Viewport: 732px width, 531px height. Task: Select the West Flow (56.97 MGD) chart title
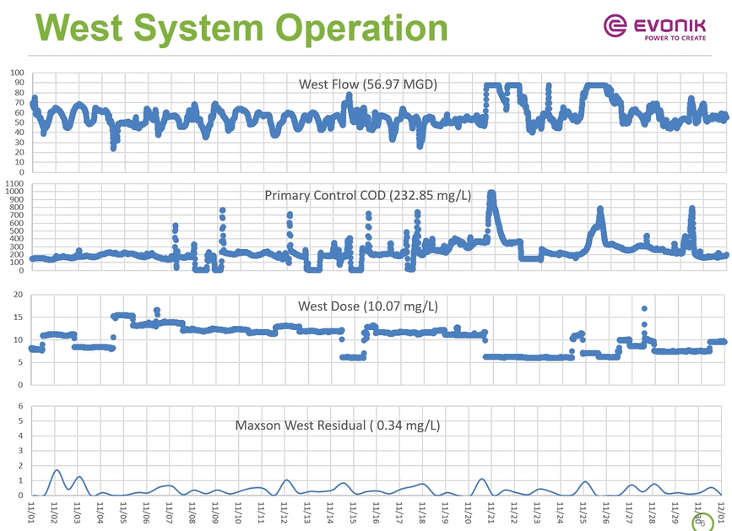click(368, 84)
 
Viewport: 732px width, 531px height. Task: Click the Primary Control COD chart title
click(367, 195)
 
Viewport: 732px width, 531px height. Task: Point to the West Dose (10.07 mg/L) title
click(373, 306)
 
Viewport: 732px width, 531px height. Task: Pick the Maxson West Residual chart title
click(337, 425)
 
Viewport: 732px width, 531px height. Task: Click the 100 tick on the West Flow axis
click(17, 73)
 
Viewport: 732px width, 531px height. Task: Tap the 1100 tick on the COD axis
click(14, 183)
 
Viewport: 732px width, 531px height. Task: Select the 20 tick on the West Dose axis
click(18, 295)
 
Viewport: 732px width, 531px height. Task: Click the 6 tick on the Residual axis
click(20, 406)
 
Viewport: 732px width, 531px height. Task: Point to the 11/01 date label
click(31, 510)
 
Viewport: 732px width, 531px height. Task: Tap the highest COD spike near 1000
click(491, 194)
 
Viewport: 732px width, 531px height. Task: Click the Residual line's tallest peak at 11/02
click(57, 470)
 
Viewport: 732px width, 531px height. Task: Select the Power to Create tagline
click(676, 38)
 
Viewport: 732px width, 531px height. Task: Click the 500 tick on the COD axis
click(17, 230)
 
